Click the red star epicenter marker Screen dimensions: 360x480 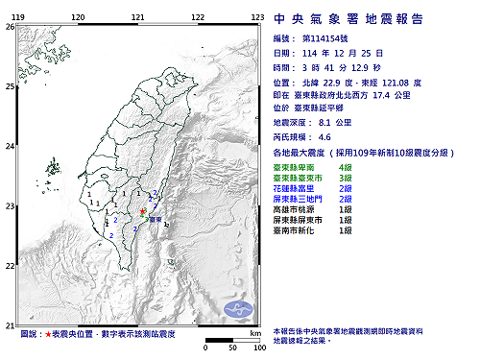(x=143, y=210)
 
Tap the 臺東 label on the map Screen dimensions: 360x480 (x=153, y=220)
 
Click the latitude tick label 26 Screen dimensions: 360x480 (x=9, y=27)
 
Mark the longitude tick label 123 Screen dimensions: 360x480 (x=256, y=17)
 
